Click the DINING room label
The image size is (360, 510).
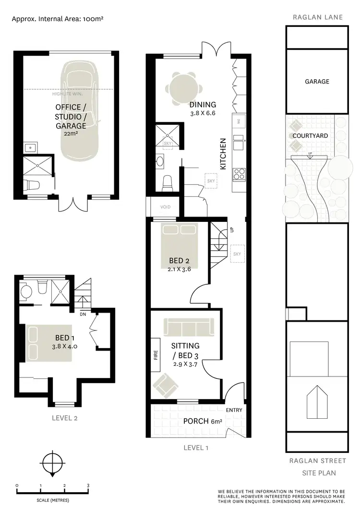[x=203, y=105]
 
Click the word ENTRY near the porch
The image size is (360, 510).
[x=234, y=410]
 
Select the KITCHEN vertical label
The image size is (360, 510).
[x=223, y=154]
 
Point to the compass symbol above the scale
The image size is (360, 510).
[x=51, y=463]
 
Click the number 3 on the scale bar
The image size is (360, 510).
[x=88, y=486]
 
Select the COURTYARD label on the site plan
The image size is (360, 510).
[x=310, y=136]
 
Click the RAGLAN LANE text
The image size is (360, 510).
[x=317, y=17]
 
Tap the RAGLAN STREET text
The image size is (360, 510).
[x=317, y=461]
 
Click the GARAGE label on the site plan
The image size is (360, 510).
[x=317, y=82]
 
